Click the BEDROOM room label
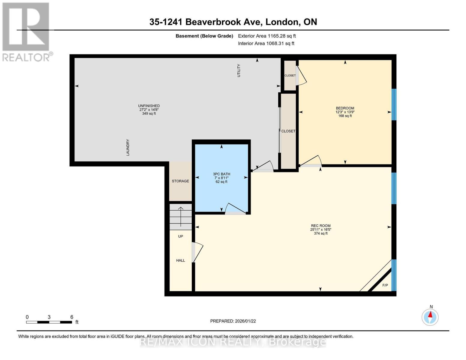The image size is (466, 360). pos(345,108)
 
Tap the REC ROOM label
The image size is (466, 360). pos(320,226)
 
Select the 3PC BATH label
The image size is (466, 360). pos(221,174)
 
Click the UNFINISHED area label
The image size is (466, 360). pos(149,106)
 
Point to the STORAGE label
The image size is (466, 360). pos(180,181)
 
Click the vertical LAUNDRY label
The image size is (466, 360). pos(128,147)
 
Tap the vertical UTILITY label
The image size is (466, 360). pos(239,70)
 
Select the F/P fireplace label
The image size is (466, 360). pos(385,285)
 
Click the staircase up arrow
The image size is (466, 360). pos(181,216)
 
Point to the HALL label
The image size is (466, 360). pos(180,260)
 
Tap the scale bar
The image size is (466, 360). pos(49,322)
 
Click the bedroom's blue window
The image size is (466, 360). pos(394,104)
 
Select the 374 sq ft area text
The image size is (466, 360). pos(320,233)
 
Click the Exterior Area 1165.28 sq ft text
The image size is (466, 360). pos(267,36)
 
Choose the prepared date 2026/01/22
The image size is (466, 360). pos(233,321)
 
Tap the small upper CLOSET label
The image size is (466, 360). pos(290,76)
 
